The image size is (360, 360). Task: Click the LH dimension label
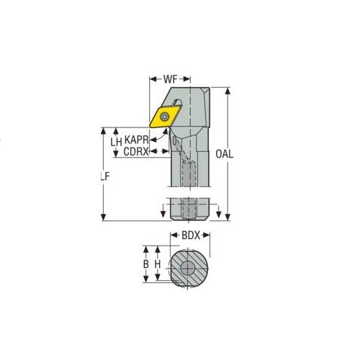(116, 142)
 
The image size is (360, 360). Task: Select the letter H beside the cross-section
(158, 265)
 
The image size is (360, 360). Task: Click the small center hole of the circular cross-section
(191, 268)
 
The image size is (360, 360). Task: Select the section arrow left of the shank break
(162, 210)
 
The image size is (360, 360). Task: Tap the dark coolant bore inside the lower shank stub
(190, 208)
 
